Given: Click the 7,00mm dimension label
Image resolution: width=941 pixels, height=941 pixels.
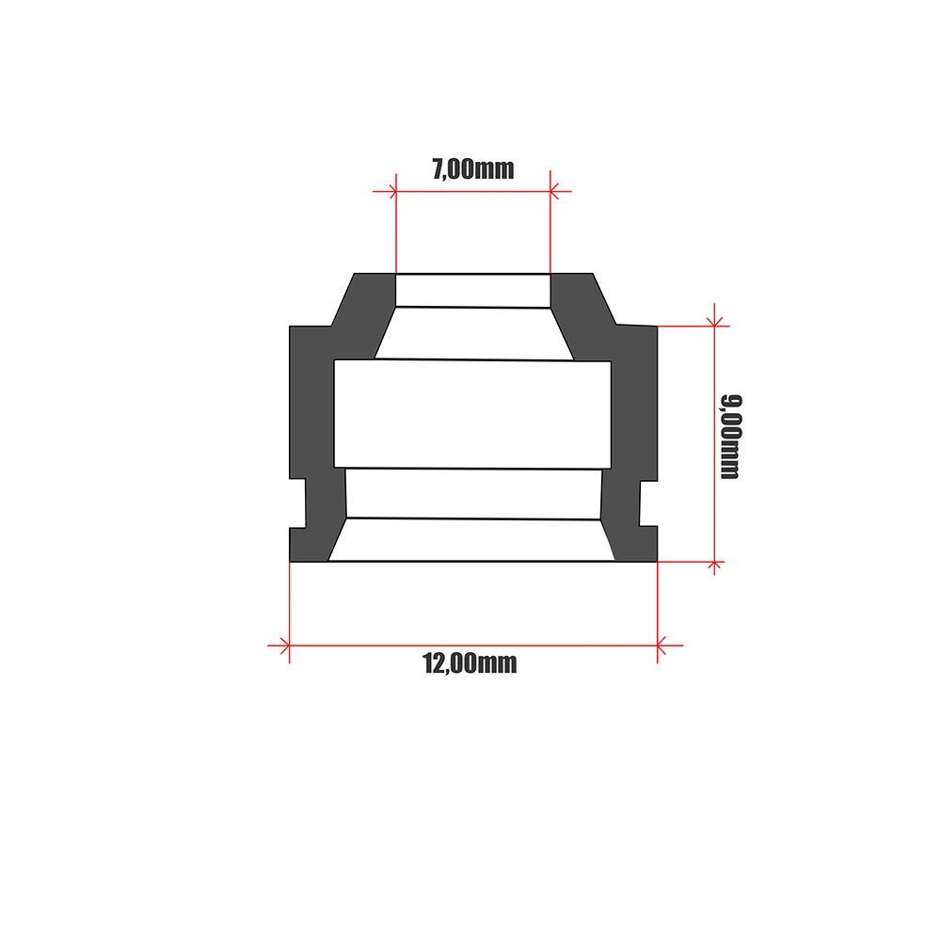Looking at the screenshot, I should coord(472,169).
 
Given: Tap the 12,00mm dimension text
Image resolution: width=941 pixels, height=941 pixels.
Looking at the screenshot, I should coord(470,663).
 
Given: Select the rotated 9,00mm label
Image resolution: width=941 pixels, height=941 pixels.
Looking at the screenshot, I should coord(730,437).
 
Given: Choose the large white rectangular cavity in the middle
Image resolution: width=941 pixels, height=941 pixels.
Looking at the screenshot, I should coord(472,414).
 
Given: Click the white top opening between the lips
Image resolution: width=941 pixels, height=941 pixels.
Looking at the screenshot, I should coord(472,290).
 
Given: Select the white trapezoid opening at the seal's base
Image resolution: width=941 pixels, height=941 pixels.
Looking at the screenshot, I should coord(471,540).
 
